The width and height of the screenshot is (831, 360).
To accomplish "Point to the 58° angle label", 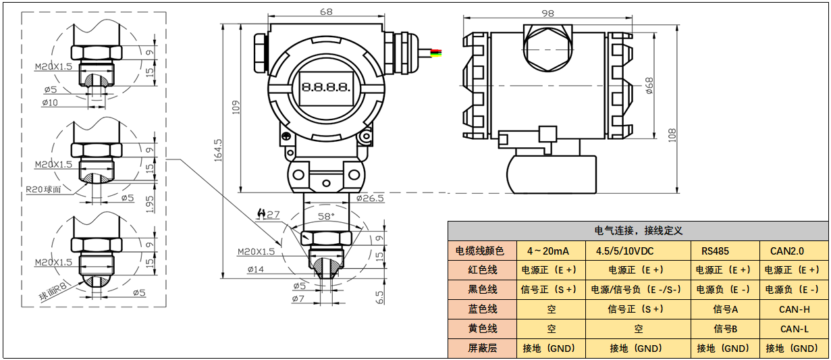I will tap(326, 216).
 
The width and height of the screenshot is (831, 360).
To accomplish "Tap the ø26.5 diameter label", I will tap(369, 198).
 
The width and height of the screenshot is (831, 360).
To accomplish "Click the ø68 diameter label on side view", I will tap(649, 86).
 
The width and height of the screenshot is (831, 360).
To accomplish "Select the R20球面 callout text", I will tap(44, 189).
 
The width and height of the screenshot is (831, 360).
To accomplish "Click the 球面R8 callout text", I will tap(54, 290).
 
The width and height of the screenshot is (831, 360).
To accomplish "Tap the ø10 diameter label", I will tap(50, 103).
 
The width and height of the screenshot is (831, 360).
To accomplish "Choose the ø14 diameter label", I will tap(255, 269).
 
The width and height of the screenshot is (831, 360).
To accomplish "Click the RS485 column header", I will tap(715, 251).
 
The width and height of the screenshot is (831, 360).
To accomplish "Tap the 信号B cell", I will tap(726, 329).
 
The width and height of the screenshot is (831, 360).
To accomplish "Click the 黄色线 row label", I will tap(482, 329).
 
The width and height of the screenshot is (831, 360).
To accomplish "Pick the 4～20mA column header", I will tap(547, 251).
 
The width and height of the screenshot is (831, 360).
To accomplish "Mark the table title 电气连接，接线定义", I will tap(638, 230).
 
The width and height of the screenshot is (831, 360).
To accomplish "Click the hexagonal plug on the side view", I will tap(547, 47).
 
